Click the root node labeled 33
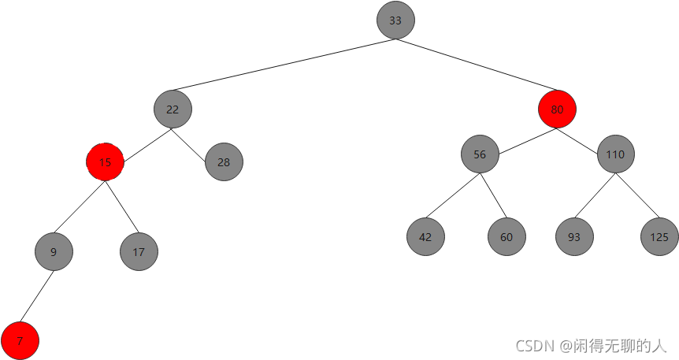tap(395, 21)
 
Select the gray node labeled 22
tap(173, 109)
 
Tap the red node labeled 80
tap(557, 109)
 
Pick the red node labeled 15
tap(106, 162)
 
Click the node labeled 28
tap(224, 162)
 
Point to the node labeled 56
tap(480, 154)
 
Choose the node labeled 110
tap(616, 154)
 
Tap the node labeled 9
tap(54, 252)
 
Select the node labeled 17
tap(139, 252)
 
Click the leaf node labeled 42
tap(426, 236)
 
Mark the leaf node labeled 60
tap(506, 236)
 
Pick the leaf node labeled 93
tap(574, 236)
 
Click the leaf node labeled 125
tap(659, 236)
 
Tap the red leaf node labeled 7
tap(20, 341)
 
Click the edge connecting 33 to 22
tap(284, 65)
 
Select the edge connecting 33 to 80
tap(477, 65)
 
